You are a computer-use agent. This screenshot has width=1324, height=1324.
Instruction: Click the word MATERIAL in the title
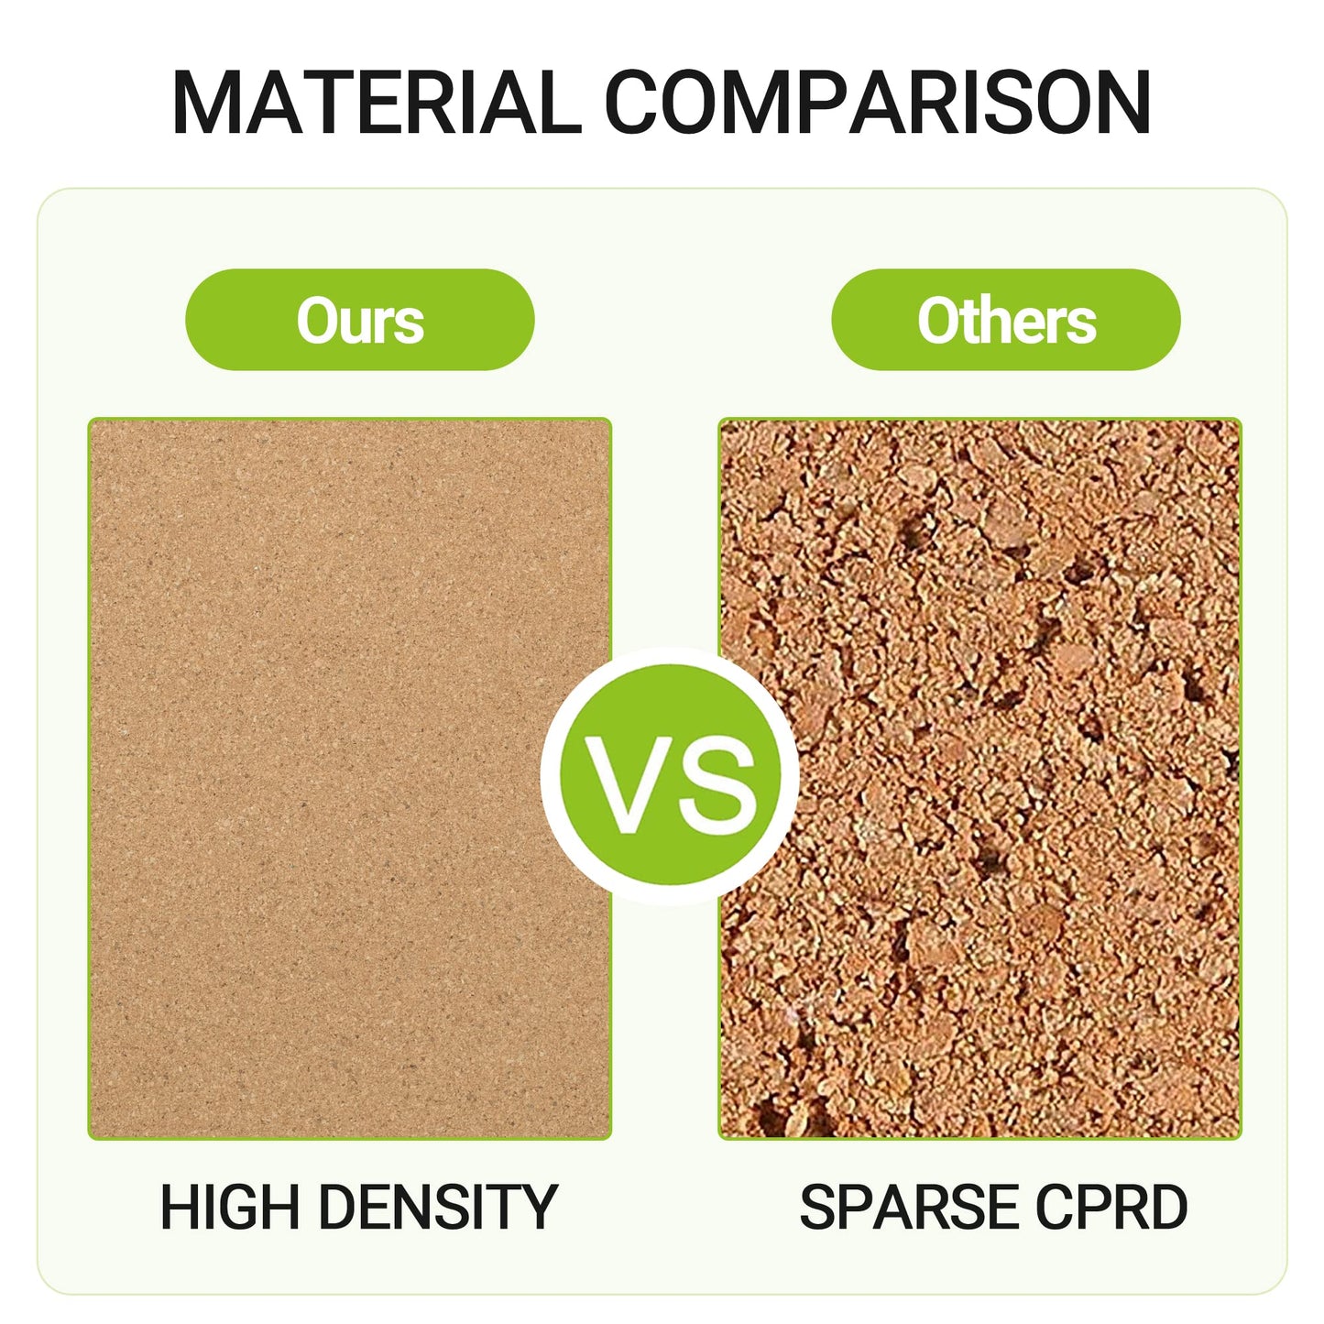coord(376,103)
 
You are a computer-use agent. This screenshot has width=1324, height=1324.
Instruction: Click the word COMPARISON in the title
coord(877,103)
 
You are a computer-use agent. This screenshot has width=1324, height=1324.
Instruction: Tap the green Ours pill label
coord(360,320)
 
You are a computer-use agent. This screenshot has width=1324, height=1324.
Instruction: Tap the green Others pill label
coord(1006,320)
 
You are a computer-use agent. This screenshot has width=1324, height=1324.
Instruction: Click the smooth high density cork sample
coord(349,779)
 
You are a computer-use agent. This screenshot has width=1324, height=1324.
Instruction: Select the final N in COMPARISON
coord(1118,103)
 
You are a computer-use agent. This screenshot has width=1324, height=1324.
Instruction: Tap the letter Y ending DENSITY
coord(539,1207)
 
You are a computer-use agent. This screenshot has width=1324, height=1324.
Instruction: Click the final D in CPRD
coord(1166,1207)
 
